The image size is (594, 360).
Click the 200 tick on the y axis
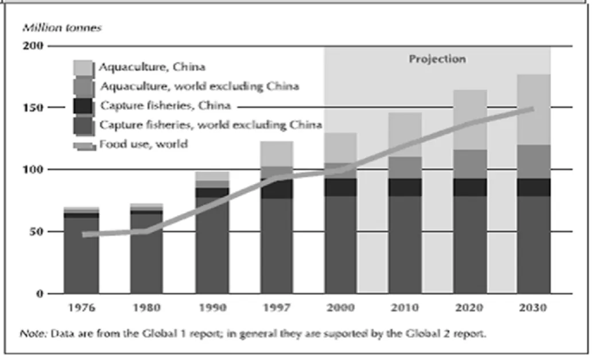pos(33,46)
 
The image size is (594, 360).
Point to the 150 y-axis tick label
pos(33,107)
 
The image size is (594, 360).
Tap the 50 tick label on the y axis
pos(36,231)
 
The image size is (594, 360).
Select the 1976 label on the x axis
pos(81,308)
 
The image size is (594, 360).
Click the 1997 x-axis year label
pos(277,308)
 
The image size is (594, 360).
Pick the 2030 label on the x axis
pos(533,308)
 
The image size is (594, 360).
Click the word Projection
pos(437,59)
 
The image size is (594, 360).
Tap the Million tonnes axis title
pos(62,28)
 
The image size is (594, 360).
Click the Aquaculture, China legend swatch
pos(83,68)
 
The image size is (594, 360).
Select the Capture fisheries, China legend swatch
pos(83,106)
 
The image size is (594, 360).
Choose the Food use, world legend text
pos(143,144)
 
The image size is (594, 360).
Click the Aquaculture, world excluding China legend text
pos(200,86)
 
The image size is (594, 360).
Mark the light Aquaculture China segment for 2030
pos(534,110)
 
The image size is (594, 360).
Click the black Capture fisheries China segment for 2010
pos(405,187)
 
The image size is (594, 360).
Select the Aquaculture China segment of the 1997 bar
pos(277,154)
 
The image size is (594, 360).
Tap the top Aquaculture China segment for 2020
pos(470,120)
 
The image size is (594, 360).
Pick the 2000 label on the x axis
pos(340,308)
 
